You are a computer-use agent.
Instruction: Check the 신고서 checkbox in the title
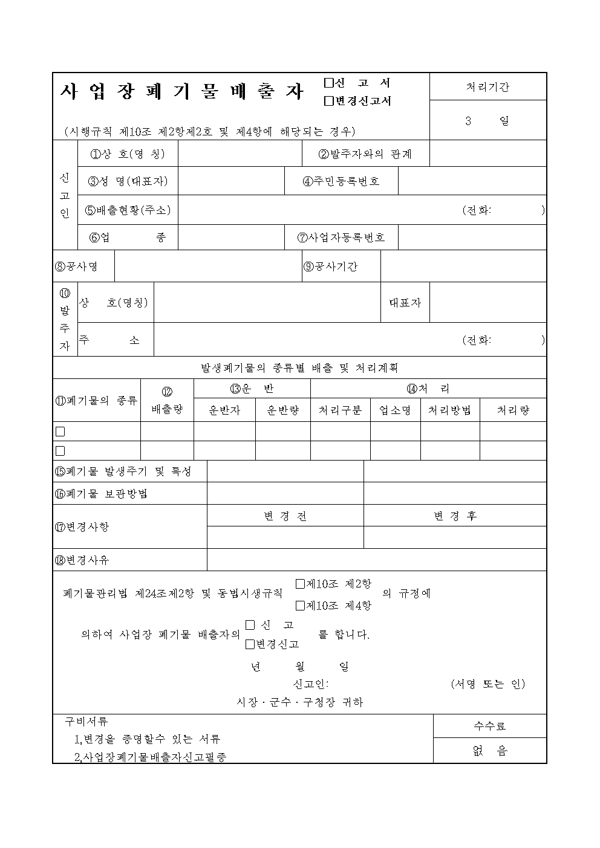pyautogui.click(x=329, y=83)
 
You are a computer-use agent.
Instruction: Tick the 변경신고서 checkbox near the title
pyautogui.click(x=329, y=101)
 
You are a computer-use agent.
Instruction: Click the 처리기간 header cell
pyautogui.click(x=487, y=86)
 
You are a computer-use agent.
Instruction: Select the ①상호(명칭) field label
pyautogui.click(x=128, y=154)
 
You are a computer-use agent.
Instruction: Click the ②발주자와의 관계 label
pyautogui.click(x=365, y=154)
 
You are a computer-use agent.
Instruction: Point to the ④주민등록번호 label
pyautogui.click(x=341, y=181)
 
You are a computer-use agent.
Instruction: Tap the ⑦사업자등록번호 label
pyautogui.click(x=341, y=237)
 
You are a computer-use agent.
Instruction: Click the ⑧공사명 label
pyautogui.click(x=77, y=266)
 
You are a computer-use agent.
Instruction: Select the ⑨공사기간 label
pyautogui.click(x=330, y=266)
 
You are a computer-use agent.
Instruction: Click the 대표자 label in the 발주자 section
pyautogui.click(x=405, y=302)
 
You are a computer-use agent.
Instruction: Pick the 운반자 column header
pyautogui.click(x=224, y=410)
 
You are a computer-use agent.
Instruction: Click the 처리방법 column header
pyautogui.click(x=449, y=410)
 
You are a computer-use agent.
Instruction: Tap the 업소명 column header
pyautogui.click(x=395, y=410)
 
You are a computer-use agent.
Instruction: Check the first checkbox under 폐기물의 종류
pyautogui.click(x=60, y=432)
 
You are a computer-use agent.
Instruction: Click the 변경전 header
pyautogui.click(x=285, y=516)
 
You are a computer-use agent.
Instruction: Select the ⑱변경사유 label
pyautogui.click(x=82, y=560)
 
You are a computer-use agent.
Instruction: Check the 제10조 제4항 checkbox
pyautogui.click(x=300, y=605)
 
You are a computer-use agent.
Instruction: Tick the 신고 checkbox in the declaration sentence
pyautogui.click(x=250, y=624)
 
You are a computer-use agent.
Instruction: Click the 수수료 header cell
pyautogui.click(x=489, y=726)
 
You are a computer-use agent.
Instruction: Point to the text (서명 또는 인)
pyautogui.click(x=487, y=684)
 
